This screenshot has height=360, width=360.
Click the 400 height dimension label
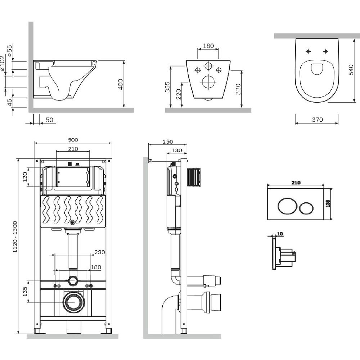coord(121,84)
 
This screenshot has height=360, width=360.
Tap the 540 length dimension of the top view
coord(351,68)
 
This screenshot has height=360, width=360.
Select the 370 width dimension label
coord(317,120)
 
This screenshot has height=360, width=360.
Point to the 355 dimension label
coord(167,87)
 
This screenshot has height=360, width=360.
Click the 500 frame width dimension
coord(73,140)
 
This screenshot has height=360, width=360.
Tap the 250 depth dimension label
coord(168,142)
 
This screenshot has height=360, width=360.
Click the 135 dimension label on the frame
coord(25,291)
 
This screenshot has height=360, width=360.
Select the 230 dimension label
coord(100,252)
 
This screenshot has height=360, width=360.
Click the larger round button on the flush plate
coord(287,208)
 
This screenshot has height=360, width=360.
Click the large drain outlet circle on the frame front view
coord(74,302)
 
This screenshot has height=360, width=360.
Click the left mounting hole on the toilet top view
coord(309,51)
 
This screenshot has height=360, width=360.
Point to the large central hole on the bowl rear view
coord(208,82)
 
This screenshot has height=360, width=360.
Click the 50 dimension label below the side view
coord(49,120)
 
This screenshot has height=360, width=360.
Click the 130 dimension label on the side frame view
coord(177,150)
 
